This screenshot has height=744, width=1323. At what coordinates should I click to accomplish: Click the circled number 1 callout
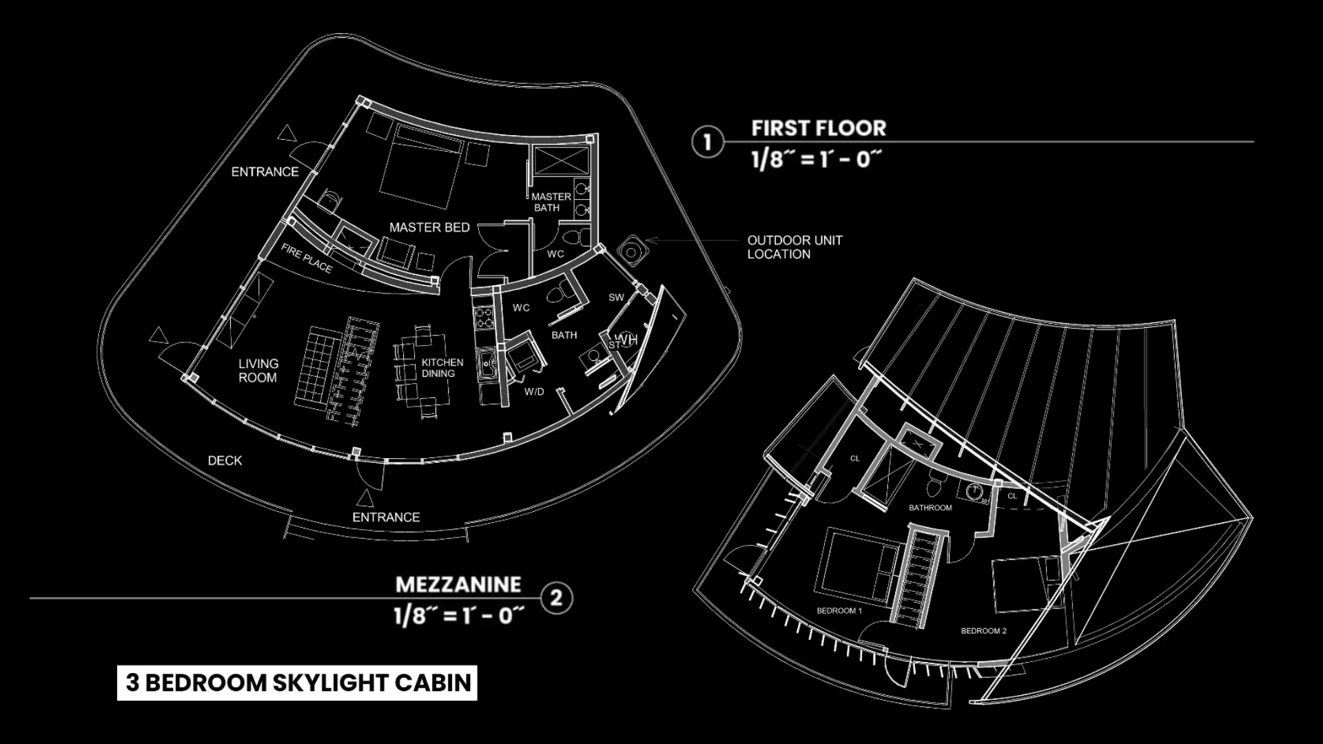(x=707, y=142)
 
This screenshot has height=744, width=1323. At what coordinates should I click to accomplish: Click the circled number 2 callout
(x=556, y=598)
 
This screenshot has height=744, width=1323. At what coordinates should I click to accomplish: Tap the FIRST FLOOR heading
(x=819, y=128)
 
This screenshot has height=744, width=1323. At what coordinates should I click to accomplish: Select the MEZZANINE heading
(x=458, y=585)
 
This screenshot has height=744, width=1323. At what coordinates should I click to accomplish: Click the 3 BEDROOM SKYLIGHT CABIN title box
(x=297, y=683)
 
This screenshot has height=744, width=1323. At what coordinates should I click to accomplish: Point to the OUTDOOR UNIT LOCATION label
(x=794, y=247)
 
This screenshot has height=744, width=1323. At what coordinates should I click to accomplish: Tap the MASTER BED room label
(x=429, y=227)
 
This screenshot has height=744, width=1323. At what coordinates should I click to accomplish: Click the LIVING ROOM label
(x=258, y=371)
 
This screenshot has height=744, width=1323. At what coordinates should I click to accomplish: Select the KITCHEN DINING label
(x=442, y=368)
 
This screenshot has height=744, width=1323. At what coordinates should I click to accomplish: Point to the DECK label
(x=225, y=460)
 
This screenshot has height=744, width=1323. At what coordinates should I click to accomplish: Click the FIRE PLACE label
(x=307, y=259)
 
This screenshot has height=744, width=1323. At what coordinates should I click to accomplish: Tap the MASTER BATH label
(x=551, y=202)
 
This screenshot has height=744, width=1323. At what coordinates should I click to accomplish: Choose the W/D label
(x=534, y=392)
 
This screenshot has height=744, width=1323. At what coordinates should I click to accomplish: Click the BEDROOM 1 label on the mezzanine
(x=839, y=610)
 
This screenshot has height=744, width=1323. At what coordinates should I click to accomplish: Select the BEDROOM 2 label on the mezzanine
(x=983, y=630)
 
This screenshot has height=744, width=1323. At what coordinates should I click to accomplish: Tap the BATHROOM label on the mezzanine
(x=930, y=508)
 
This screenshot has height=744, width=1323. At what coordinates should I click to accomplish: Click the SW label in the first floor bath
(x=616, y=298)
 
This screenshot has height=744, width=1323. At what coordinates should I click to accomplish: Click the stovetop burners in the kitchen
(x=484, y=318)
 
